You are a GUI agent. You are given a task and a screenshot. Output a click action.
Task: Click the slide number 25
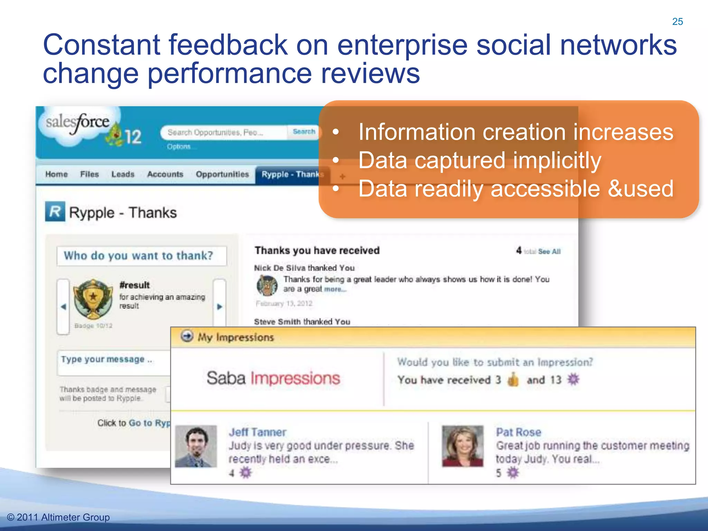coord(677,21)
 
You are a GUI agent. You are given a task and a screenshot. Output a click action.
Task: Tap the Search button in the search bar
coord(304,132)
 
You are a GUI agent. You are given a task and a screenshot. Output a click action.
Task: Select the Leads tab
coord(123,174)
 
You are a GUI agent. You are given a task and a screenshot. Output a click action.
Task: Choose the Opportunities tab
coord(222,174)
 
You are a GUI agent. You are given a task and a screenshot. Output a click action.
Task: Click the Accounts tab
coord(165,174)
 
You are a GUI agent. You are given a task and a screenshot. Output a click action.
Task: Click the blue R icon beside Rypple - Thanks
coord(55,212)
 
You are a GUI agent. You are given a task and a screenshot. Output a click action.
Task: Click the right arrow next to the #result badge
coord(220,306)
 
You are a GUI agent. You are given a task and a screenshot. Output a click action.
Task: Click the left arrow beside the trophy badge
coord(64,307)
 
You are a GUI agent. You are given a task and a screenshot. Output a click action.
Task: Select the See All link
coord(549,252)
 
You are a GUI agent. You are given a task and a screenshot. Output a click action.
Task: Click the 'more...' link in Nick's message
coord(335,289)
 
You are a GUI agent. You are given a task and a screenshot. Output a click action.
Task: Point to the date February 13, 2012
coord(284,304)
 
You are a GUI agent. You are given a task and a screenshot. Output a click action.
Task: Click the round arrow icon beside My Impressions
coord(187,336)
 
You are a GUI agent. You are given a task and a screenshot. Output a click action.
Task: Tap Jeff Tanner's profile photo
coord(196,446)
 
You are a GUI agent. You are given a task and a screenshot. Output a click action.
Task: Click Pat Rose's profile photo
coord(463,446)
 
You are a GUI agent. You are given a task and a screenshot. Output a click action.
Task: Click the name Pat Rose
coord(518,432)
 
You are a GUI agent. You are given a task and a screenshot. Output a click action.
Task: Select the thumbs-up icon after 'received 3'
coord(513,380)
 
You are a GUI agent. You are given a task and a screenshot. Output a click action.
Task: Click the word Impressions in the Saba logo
coord(295,378)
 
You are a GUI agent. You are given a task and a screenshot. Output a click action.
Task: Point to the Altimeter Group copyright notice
coord(58,517)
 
